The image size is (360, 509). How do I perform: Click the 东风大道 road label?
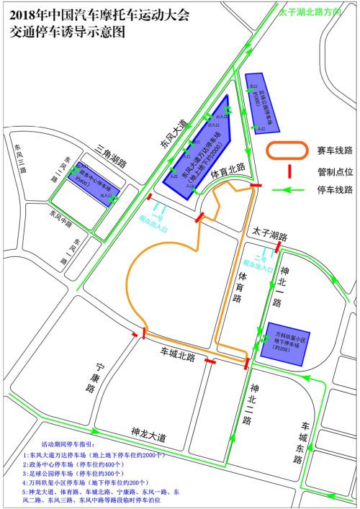point(171,134)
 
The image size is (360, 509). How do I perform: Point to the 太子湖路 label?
point(270,236)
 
